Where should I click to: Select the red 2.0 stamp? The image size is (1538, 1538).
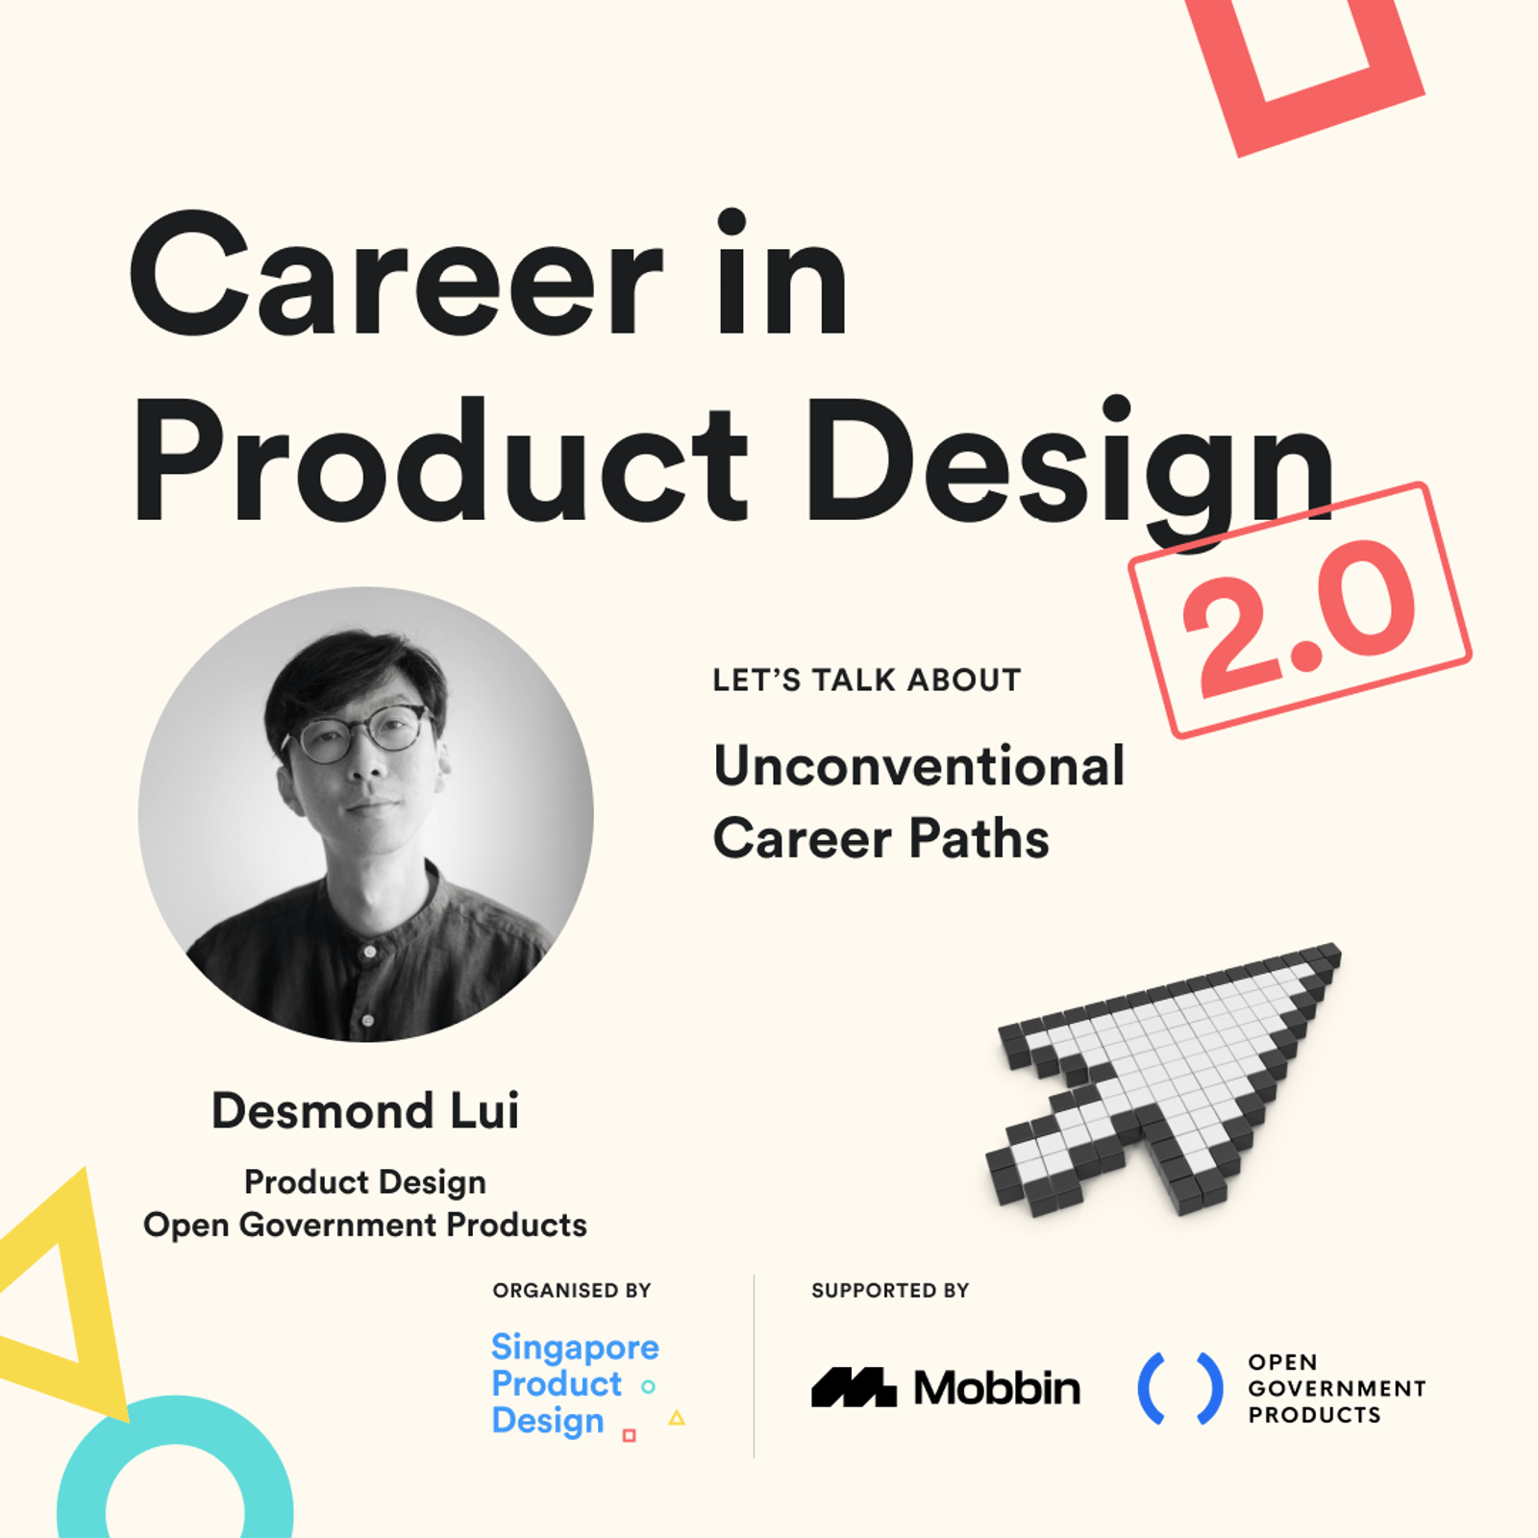coord(1300,609)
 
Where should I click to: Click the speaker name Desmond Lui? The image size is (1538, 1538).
coord(365,1111)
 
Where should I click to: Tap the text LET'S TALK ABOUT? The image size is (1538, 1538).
coord(867,681)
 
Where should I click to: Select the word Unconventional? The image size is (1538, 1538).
coord(919,766)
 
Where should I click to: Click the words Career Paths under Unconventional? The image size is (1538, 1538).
coord(881,838)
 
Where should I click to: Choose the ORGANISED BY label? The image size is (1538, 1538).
coord(572,1290)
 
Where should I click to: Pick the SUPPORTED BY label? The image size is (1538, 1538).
coord(890,1290)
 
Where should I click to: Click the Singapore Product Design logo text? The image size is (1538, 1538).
coord(575,1384)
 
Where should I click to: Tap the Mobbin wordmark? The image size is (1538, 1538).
coord(997,1388)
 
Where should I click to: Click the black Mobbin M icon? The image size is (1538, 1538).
coord(854,1387)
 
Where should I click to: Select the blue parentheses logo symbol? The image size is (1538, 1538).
coord(1180,1388)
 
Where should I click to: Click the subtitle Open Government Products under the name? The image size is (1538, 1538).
coord(365,1225)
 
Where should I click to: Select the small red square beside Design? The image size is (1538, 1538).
coord(630,1435)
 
